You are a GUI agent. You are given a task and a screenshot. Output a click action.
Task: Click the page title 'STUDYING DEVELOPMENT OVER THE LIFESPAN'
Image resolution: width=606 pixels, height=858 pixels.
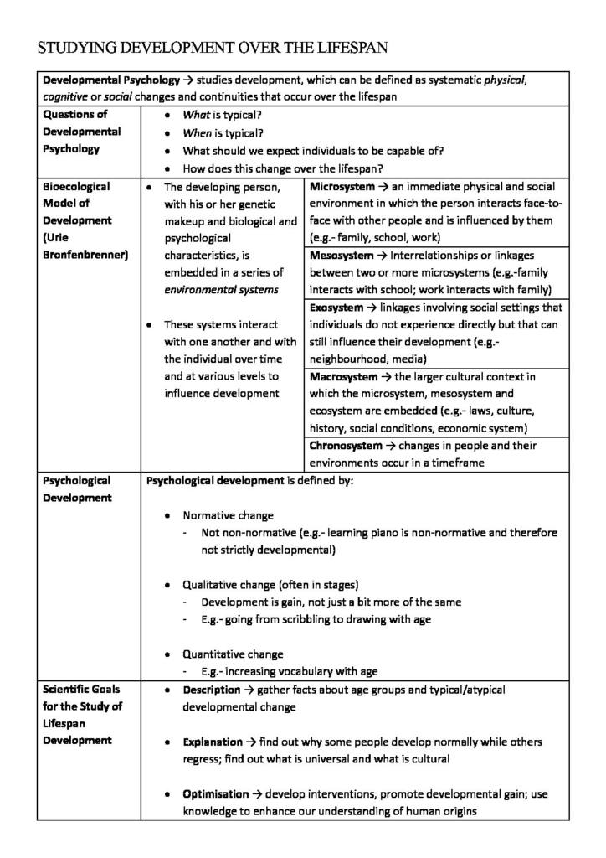point(213,48)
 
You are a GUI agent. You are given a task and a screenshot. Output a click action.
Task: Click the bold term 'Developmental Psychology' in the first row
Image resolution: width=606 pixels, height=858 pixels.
point(111,80)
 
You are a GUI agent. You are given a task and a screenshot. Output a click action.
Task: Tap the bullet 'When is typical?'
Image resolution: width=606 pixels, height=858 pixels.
point(223,132)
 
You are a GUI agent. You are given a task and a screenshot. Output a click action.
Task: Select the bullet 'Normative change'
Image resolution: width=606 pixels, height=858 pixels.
point(228,515)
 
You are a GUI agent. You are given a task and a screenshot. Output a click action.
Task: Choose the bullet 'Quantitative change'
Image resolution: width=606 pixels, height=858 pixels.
point(233,654)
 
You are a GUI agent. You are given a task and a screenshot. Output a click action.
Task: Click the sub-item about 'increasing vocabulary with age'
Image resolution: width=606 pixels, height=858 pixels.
point(290,671)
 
